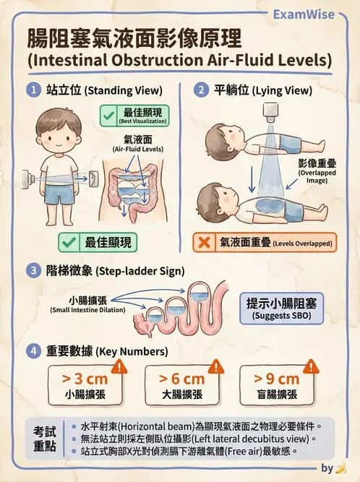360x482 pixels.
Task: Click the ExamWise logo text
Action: click(304, 14)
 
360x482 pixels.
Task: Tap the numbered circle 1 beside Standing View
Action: click(33, 90)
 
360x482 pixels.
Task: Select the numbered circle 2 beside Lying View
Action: click(202, 90)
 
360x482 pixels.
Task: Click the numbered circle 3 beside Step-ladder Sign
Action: click(33, 271)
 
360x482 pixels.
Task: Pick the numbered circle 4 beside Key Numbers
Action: click(33, 351)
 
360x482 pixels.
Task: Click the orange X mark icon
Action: click(204, 243)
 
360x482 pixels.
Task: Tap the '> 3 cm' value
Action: click(85, 379)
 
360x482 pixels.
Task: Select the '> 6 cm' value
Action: click(181, 379)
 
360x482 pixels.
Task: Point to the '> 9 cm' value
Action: click(276, 379)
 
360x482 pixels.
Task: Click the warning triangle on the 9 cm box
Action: click(311, 366)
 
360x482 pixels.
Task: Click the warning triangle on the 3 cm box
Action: click(119, 366)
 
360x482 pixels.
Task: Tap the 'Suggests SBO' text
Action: click(281, 316)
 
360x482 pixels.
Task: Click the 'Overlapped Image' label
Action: click(317, 176)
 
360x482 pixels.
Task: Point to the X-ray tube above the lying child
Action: click(270, 113)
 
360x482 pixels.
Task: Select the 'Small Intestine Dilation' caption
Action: click(87, 310)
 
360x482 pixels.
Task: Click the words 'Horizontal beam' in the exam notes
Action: click(157, 426)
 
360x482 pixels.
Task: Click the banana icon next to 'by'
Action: click(340, 468)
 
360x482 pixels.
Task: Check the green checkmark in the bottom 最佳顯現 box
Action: click(69, 243)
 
